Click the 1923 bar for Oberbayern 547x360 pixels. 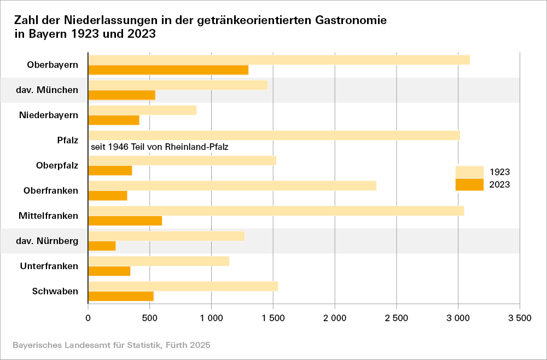coord(279,60)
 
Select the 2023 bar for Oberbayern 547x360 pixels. coord(168,69)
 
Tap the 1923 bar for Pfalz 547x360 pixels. coord(273,135)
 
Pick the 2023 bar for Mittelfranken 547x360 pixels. coord(125,220)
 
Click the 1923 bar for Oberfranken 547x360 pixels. coord(232,185)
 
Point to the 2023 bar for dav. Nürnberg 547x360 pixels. coord(102,246)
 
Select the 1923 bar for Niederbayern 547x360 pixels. coord(142,110)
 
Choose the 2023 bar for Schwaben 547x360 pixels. coord(121,296)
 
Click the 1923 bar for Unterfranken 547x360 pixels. coord(159,261)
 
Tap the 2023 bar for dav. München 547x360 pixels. coord(121,95)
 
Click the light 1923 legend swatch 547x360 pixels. coord(469,172)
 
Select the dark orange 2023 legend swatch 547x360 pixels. coord(469,184)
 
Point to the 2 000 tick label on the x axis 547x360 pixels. coord(334,318)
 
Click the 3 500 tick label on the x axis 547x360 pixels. coord(519,318)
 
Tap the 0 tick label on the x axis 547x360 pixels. coord(88,318)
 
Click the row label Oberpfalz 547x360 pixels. coord(57,165)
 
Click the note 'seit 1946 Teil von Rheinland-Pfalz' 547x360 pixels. coord(159,147)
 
